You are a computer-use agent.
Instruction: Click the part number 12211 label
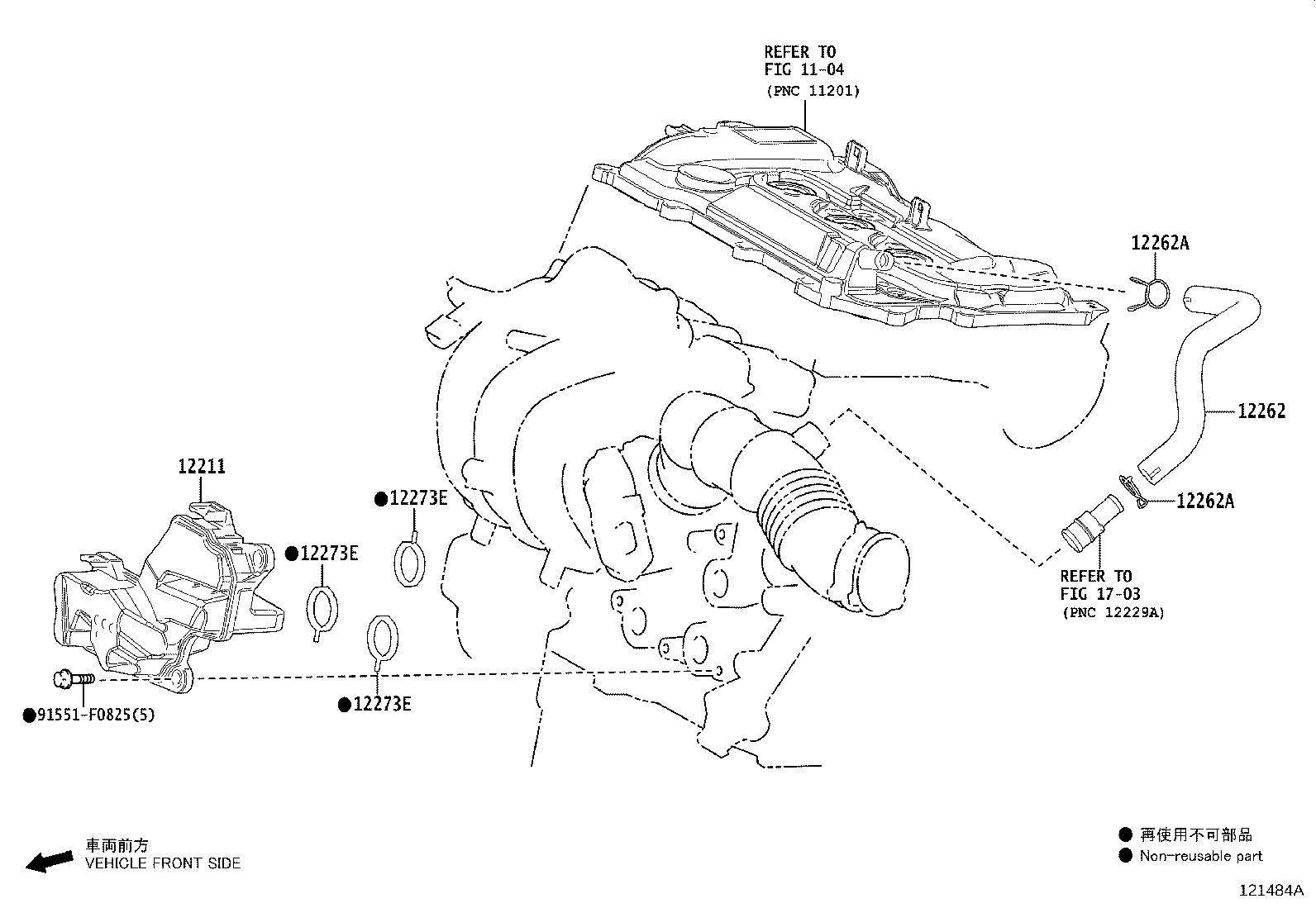[202, 466]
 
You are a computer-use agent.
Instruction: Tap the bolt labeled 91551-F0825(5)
[74, 679]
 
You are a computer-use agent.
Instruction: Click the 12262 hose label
[1261, 411]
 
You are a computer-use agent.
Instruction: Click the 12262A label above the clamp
[1161, 243]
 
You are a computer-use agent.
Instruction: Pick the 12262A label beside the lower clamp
[1205, 501]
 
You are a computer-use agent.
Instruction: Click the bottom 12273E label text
[382, 704]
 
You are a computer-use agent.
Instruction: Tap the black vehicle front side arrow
[50, 861]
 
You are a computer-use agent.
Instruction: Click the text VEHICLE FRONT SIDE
[163, 863]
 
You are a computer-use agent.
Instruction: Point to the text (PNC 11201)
[813, 91]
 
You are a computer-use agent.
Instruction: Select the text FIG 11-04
[803, 69]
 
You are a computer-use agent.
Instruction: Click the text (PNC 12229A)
[1113, 612]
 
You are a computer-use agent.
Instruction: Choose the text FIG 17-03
[1099, 594]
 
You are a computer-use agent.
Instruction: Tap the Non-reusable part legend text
[1201, 856]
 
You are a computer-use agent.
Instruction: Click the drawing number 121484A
[1271, 891]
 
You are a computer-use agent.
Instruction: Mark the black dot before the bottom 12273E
[345, 705]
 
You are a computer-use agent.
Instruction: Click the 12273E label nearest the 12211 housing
[329, 554]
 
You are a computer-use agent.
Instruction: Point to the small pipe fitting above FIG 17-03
[1092, 523]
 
